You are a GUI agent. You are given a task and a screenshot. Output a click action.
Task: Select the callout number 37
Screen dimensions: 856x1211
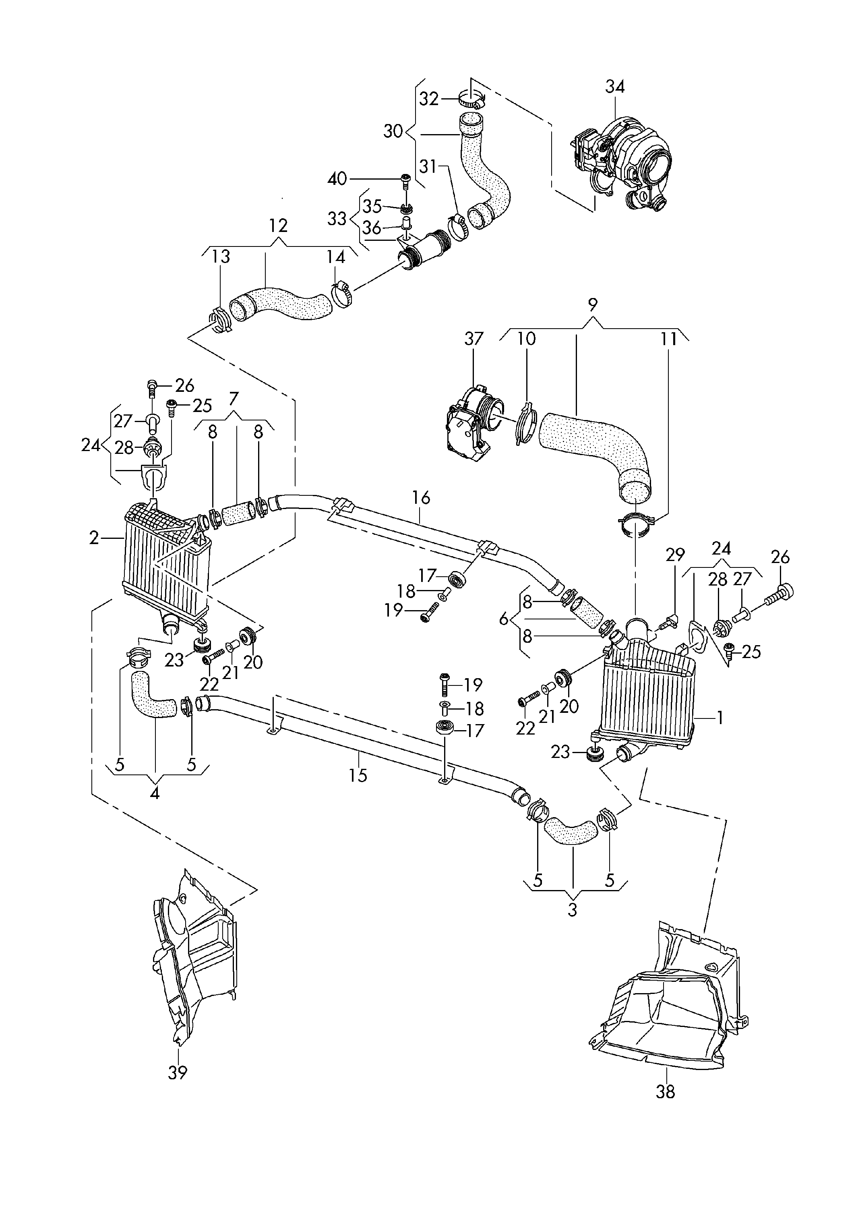click(x=473, y=339)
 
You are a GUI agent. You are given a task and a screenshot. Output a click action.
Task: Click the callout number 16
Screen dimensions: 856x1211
click(x=421, y=497)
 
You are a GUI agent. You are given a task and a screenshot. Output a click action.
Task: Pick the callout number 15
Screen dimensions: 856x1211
click(x=358, y=775)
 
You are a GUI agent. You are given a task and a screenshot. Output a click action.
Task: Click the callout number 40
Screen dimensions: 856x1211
click(x=337, y=179)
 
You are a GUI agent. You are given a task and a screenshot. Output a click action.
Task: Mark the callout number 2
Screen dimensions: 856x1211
click(x=94, y=538)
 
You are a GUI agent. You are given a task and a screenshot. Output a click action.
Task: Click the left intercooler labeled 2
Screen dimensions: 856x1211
click(x=167, y=564)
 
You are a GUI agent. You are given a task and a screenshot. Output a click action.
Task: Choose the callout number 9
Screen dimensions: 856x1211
click(x=593, y=304)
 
